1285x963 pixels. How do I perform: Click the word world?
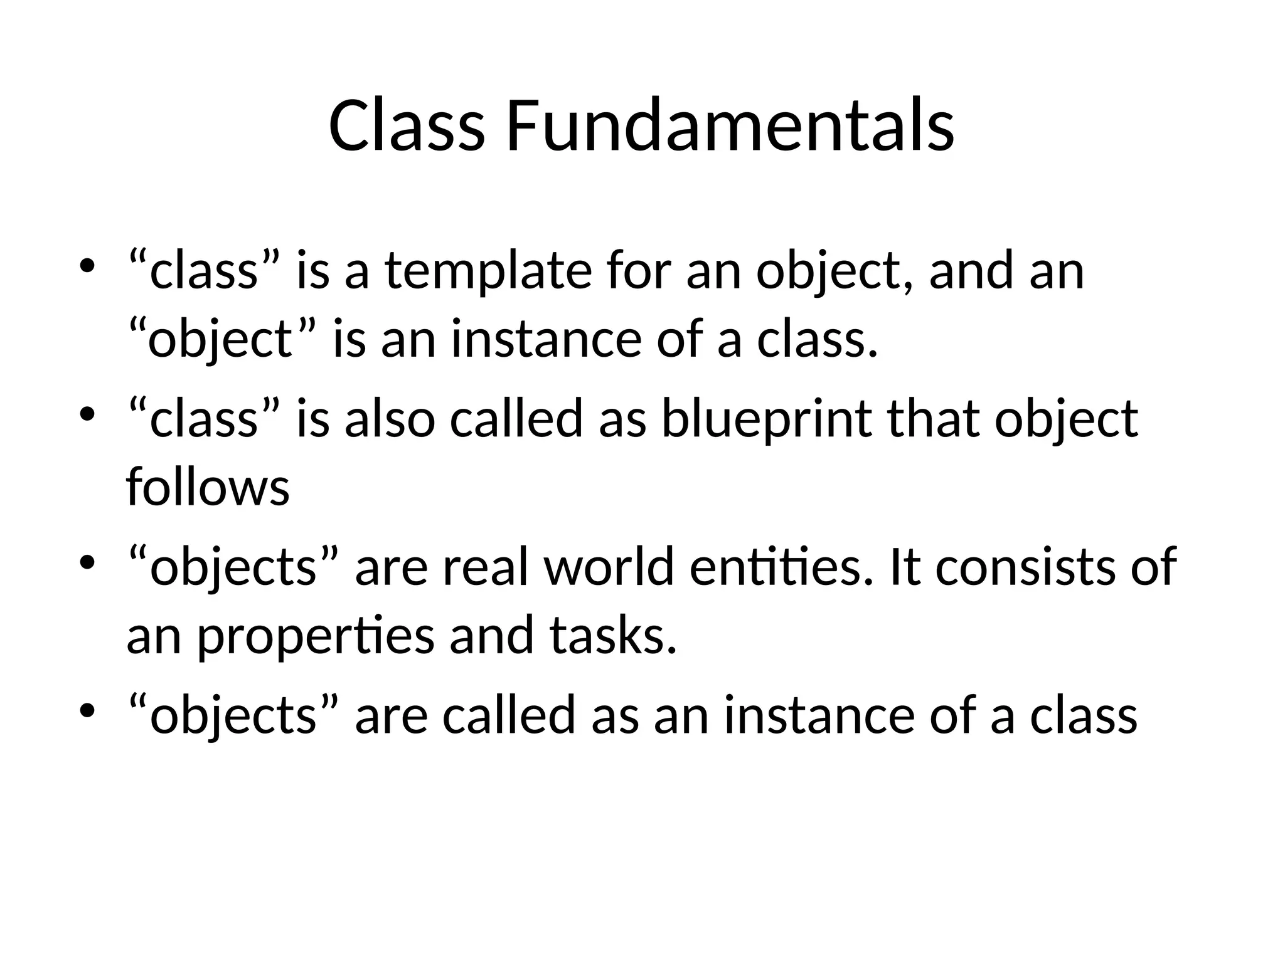click(609, 567)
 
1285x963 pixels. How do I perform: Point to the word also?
click(390, 419)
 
